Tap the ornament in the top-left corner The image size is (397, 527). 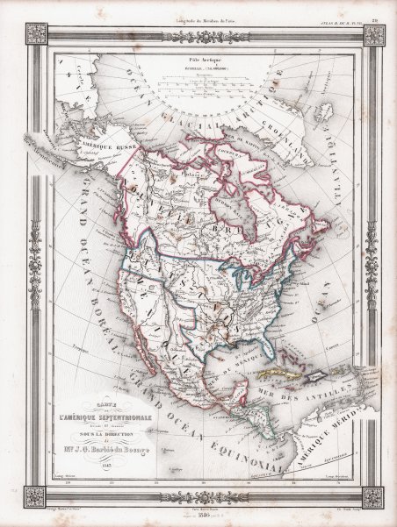click(35, 34)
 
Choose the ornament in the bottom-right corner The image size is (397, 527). click(372, 496)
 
